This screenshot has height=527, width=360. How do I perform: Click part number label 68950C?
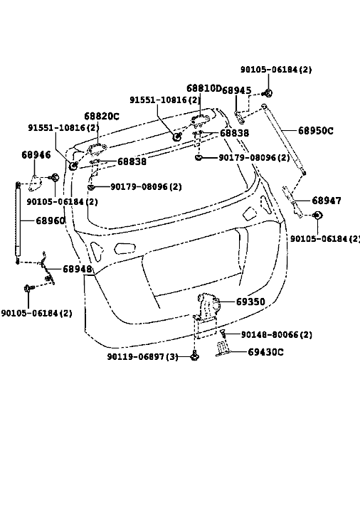pos(316,131)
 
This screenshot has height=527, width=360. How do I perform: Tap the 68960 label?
pos(51,220)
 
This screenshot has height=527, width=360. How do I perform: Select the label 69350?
pos(250,302)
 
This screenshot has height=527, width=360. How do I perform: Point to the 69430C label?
pos(265,352)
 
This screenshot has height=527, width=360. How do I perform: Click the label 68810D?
pos(204,88)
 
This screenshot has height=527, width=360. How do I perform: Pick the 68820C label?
pos(102,117)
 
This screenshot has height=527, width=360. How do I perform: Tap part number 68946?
pos(36,154)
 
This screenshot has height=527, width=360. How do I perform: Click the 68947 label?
pos(327,201)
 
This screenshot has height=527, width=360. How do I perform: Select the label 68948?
pos(78,269)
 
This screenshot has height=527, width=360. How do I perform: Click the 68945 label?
pos(237,90)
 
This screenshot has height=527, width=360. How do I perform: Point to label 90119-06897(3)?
pos(142,356)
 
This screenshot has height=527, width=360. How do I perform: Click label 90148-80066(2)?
pos(277,335)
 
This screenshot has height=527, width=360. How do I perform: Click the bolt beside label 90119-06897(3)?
pos(195,356)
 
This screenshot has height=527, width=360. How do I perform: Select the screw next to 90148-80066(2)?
pos(223,334)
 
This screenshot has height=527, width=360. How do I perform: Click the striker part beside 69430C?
pos(223,348)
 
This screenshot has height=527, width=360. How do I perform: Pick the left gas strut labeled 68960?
pos(18,223)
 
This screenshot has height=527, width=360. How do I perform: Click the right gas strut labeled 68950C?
pos(284,140)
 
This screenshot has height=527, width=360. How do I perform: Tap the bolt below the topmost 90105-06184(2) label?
pos(268,93)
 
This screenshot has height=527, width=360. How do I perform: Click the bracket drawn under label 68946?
pos(34,183)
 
